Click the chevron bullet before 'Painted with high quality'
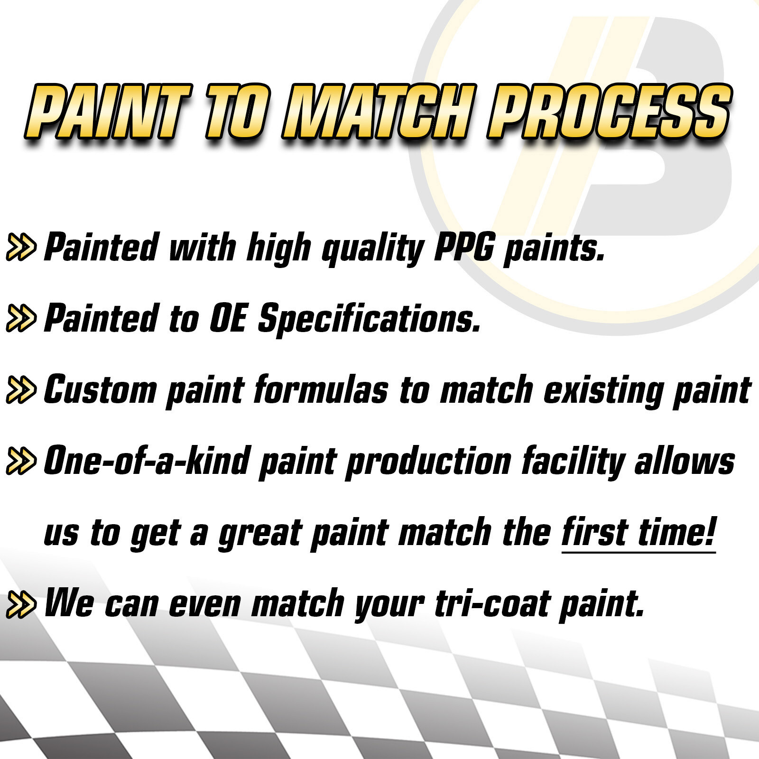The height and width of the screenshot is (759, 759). pyautogui.click(x=21, y=247)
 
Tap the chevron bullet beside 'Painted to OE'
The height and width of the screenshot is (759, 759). pyautogui.click(x=21, y=318)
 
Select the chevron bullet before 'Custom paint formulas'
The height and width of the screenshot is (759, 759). pyautogui.click(x=21, y=390)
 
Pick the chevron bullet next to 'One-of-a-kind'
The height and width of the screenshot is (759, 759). pyautogui.click(x=21, y=461)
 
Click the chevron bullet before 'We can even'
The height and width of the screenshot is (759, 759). pyautogui.click(x=21, y=604)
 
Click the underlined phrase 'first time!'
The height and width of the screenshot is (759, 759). pyautogui.click(x=639, y=532)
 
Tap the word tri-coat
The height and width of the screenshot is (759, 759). pyautogui.click(x=492, y=603)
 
